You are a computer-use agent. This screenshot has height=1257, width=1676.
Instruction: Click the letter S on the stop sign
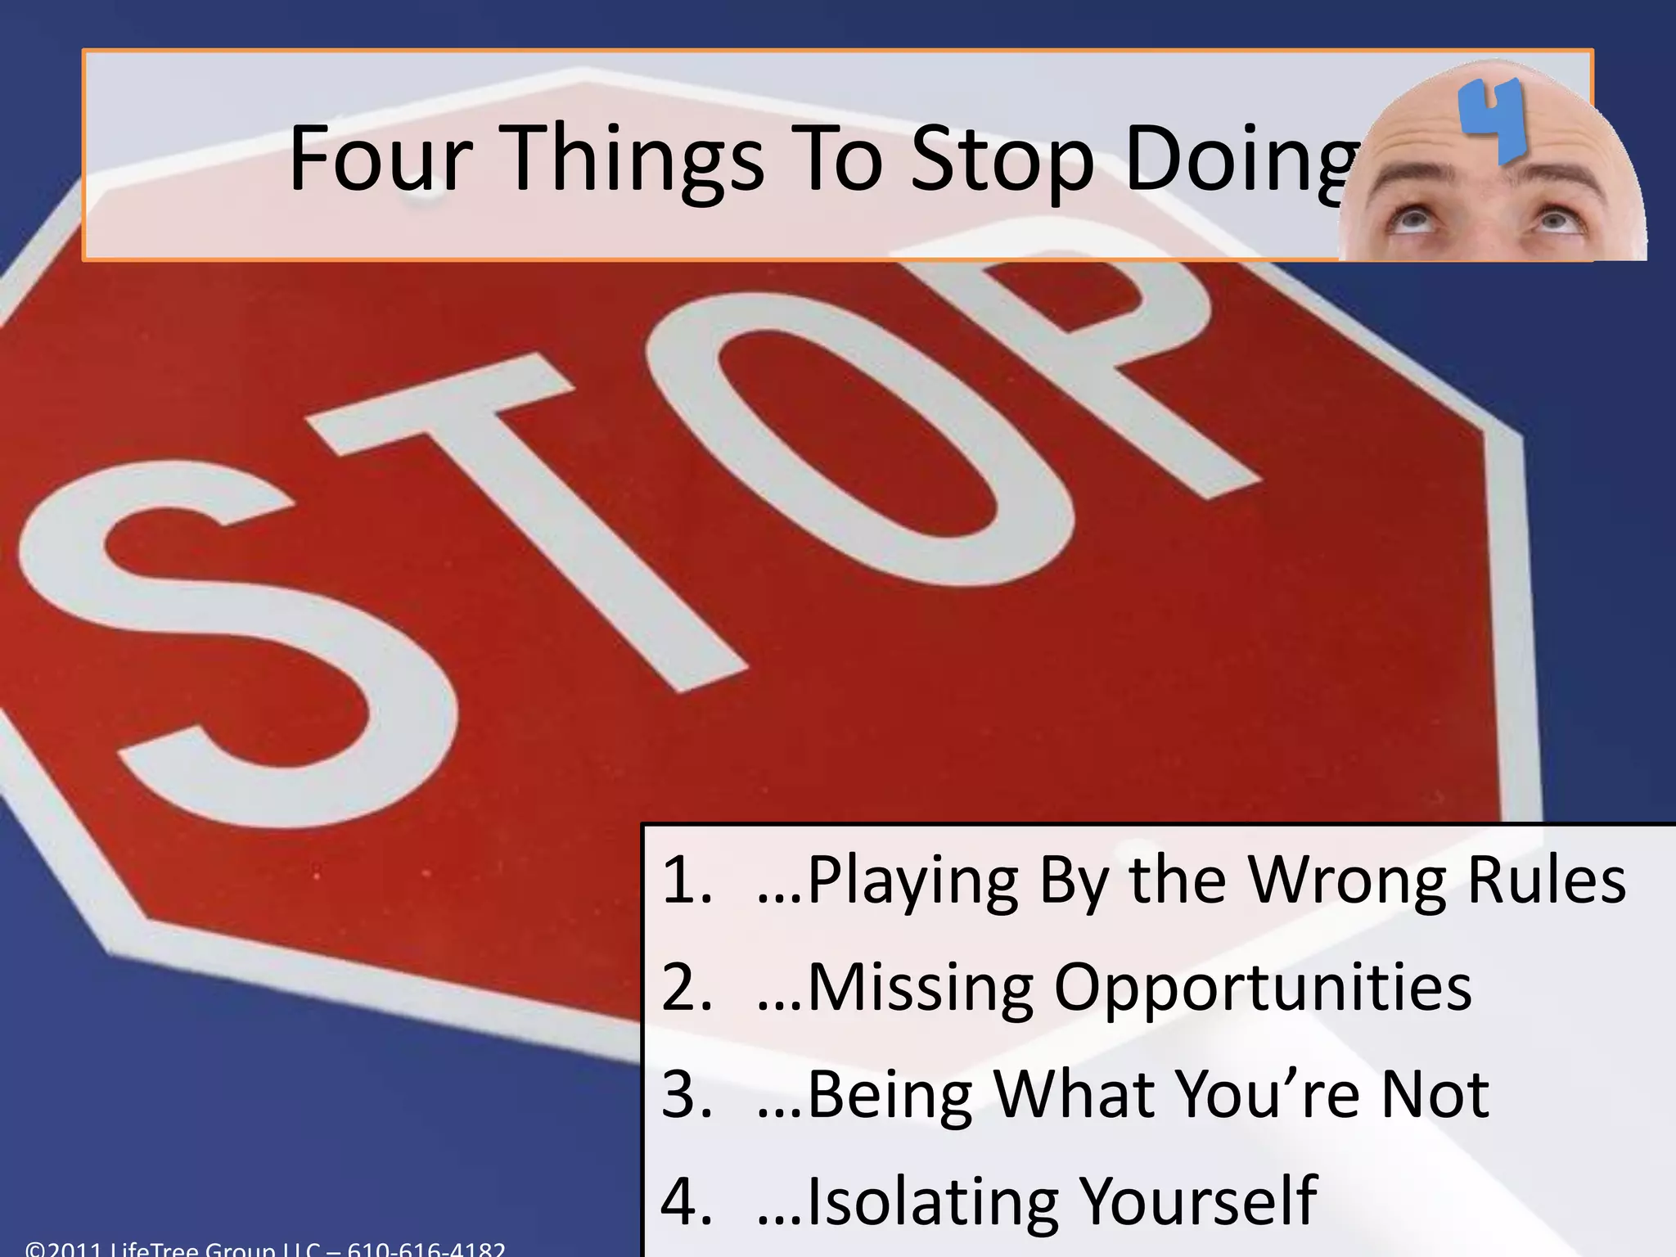coord(237,647)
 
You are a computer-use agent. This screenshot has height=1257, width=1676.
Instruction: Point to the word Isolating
coord(934,1201)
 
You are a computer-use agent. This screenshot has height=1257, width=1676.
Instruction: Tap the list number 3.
coord(686,1095)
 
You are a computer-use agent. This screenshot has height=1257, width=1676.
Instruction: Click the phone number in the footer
coord(426,1249)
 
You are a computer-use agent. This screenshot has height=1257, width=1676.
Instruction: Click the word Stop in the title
coord(1003,160)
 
